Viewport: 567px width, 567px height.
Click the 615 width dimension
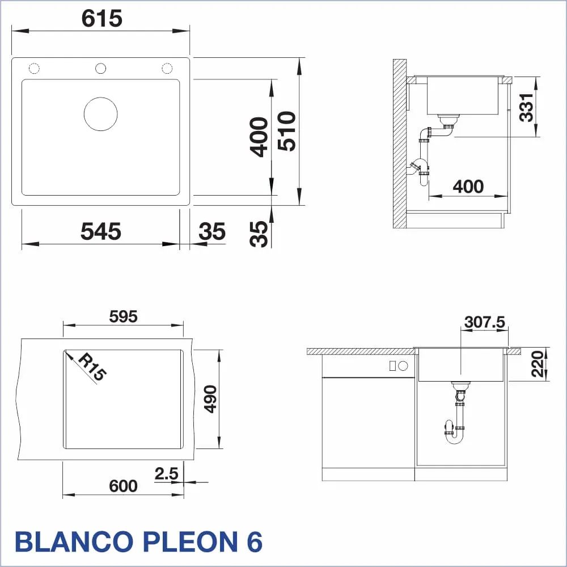(x=102, y=19)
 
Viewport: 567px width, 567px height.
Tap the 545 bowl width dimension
(x=101, y=231)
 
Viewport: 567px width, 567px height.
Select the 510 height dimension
(x=287, y=131)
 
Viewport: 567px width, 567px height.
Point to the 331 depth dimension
(x=526, y=107)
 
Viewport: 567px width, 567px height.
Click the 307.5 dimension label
(x=485, y=322)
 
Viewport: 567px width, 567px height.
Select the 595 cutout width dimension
(x=123, y=317)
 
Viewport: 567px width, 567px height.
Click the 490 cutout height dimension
(x=210, y=399)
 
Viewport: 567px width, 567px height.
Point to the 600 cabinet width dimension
(x=123, y=486)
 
